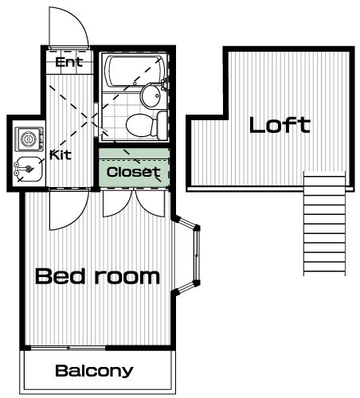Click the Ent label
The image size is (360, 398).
tap(69, 62)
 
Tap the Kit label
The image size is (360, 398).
tap(61, 154)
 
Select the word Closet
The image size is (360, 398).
tap(134, 172)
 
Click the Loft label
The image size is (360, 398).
tap(280, 125)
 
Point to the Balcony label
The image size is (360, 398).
tap(94, 371)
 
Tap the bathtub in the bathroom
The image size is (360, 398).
tap(134, 71)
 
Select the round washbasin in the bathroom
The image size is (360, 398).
tap(151, 96)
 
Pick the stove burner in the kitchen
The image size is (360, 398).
tap(29, 139)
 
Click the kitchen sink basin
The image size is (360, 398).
tap(28, 170)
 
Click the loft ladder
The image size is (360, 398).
tap(324, 224)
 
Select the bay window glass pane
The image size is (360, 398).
tap(197, 256)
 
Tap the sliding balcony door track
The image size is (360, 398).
tap(68, 348)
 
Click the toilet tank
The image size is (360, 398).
tap(162, 126)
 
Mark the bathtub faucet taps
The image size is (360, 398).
tap(164, 84)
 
